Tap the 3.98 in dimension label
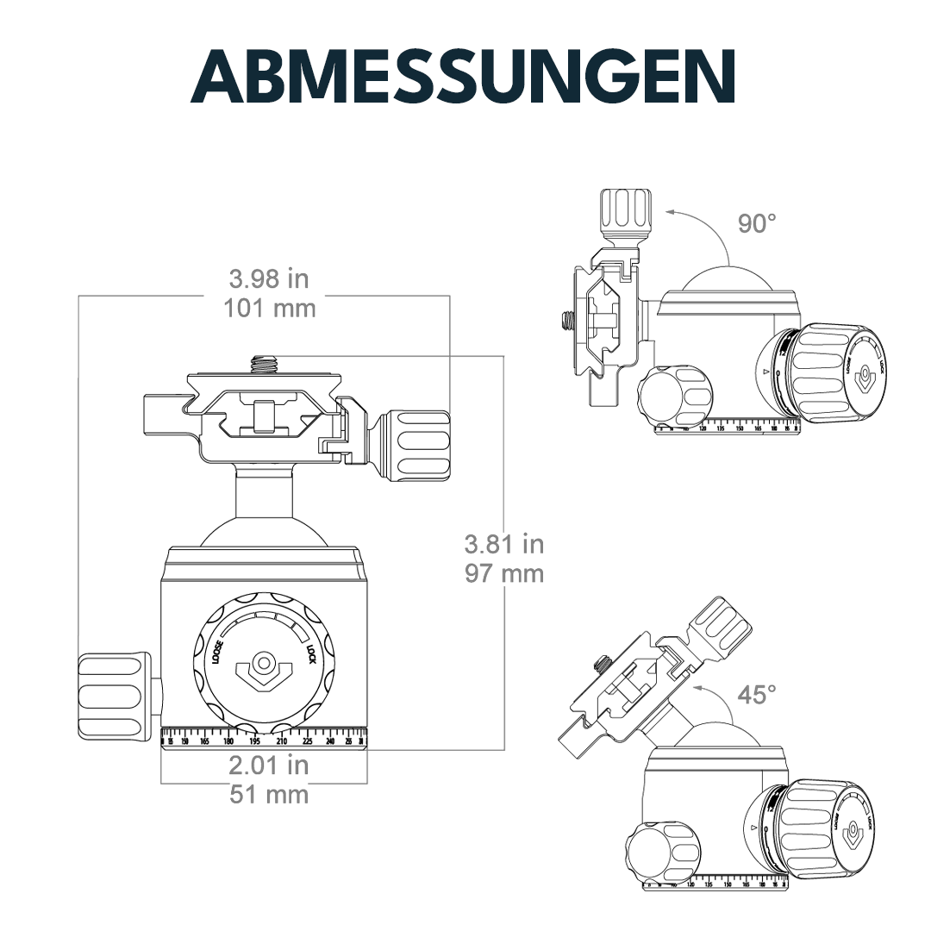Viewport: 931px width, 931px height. coord(269,278)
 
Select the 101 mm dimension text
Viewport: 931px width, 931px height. coord(269,308)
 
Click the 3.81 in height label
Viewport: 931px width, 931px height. coord(504,544)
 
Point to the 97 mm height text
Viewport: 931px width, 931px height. coord(504,572)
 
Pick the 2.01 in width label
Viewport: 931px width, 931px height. coord(269,765)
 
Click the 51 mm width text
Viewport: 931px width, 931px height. coord(269,794)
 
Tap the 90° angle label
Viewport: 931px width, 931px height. coord(757,223)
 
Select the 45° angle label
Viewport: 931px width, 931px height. coord(757,694)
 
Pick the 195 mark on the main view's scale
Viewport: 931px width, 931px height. coord(255,741)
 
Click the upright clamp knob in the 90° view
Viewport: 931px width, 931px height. coord(626,210)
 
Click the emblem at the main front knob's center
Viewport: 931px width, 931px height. coord(264,669)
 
